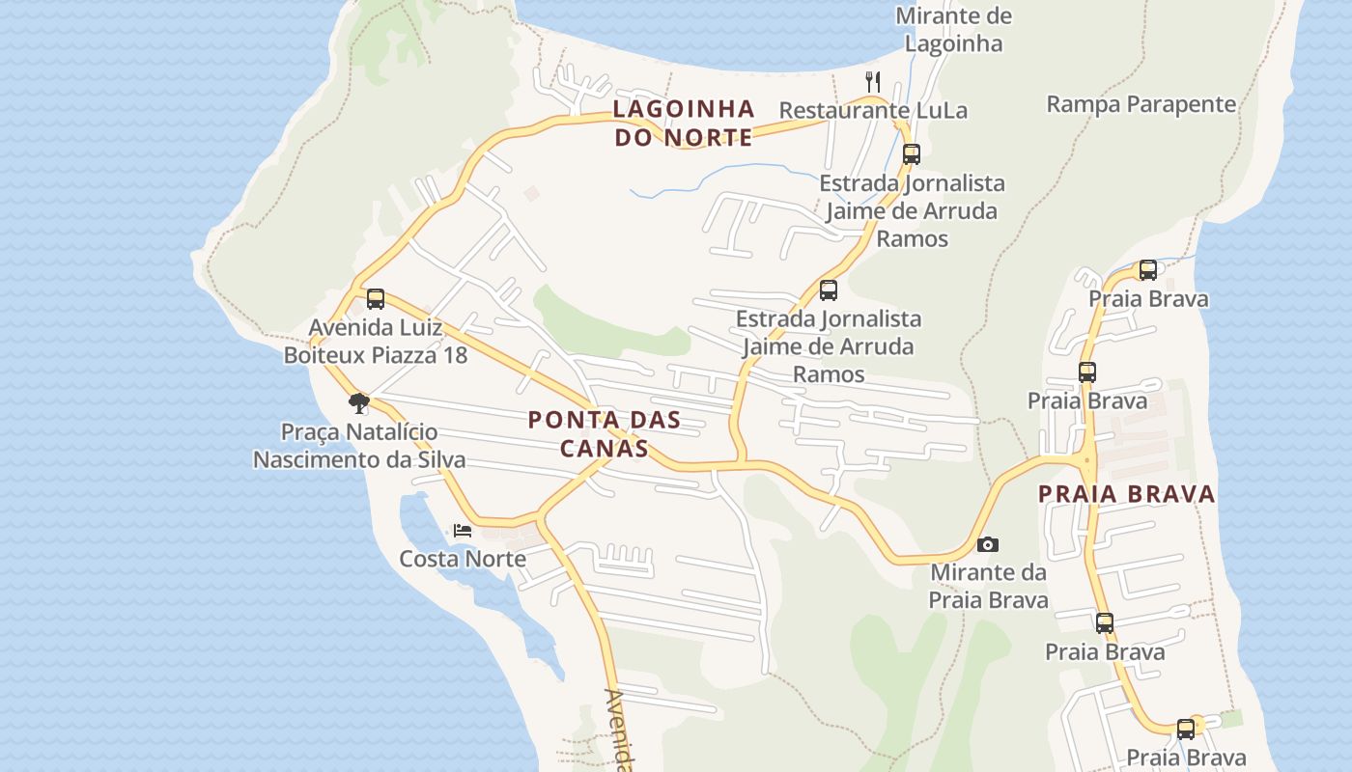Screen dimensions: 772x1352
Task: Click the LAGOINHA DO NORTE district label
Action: coord(683,123)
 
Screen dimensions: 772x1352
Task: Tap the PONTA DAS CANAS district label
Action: coord(605,434)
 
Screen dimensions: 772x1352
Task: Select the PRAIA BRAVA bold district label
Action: coord(1126,494)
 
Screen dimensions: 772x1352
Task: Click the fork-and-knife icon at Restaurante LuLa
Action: coord(873,81)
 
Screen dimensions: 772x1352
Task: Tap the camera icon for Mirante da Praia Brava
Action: coord(987,545)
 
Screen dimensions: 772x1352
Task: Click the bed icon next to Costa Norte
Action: coord(463,531)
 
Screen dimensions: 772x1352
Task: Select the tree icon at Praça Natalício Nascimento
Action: coord(359,402)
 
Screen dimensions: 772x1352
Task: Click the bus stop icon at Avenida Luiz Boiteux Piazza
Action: coord(376,299)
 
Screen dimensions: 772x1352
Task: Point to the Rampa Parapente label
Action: coord(1141,104)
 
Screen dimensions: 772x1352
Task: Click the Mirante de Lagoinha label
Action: coord(953,30)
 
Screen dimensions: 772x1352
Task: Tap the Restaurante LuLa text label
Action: coord(873,110)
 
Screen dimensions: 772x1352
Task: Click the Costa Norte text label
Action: coord(463,559)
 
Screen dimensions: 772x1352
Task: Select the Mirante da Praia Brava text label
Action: coord(988,586)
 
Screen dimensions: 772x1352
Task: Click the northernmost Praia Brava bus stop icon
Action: coord(1148,270)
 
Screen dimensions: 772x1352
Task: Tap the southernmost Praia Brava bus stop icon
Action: coord(1186,730)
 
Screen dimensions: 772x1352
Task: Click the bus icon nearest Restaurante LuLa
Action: coord(911,153)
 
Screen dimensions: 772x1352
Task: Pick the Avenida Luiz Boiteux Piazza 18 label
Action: coord(376,341)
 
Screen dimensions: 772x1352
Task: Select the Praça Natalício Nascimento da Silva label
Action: coord(359,446)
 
